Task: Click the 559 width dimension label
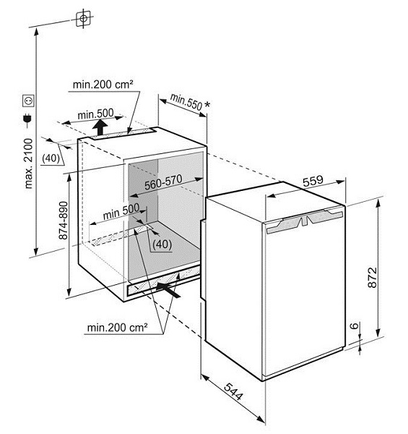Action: click(313, 181)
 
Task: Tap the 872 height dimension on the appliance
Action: click(372, 277)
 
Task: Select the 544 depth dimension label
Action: click(233, 391)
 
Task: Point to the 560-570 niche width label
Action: click(163, 182)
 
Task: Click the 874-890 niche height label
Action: click(64, 221)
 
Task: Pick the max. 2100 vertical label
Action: click(28, 163)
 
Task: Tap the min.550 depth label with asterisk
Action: click(190, 103)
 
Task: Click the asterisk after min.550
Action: click(207, 105)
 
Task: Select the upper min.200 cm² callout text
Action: click(103, 85)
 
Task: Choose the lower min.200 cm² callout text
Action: click(117, 328)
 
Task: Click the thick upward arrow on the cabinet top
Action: click(100, 127)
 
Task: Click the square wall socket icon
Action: click(28, 101)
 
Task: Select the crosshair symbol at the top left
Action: click(83, 19)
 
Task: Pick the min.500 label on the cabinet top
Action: click(95, 114)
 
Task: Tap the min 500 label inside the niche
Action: click(121, 212)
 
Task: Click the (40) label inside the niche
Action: click(162, 244)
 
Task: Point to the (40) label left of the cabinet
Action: click(51, 158)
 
